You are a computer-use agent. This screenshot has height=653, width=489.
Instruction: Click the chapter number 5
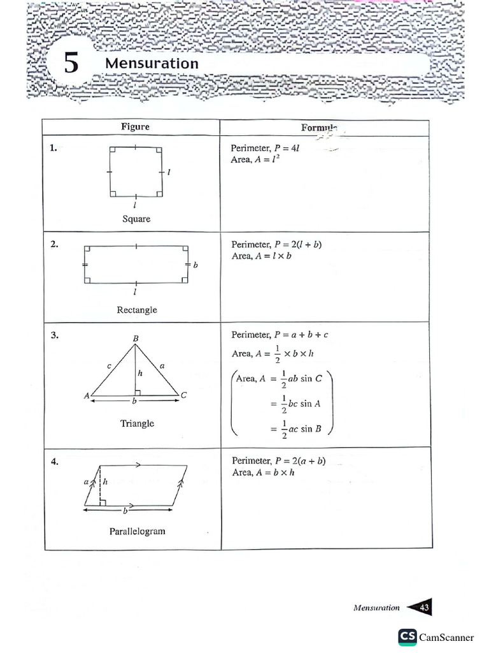pos(71,64)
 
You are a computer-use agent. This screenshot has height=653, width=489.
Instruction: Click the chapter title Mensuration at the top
pos(152,63)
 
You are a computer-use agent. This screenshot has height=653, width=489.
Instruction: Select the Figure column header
pos(135,126)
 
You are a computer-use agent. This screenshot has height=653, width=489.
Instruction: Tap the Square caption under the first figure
pos(136,219)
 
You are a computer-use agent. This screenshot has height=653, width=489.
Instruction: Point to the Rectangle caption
pos(136,310)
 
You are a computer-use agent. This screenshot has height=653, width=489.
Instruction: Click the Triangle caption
pos(137,423)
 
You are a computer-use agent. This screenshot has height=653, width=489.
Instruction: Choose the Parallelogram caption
pos(137,531)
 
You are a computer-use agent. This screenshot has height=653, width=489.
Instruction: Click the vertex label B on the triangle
pos(136,337)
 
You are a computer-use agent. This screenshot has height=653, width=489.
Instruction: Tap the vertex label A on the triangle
pos(87,396)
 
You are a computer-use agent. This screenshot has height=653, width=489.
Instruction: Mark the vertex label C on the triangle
pos(183,395)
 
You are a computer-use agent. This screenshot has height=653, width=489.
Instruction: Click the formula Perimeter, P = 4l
pos(265,148)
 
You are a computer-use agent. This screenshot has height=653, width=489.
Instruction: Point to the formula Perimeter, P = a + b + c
pos(280,334)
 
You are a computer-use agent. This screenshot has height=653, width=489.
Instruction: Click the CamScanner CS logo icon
pos(407,636)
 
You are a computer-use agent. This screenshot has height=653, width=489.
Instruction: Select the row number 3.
pos(54,335)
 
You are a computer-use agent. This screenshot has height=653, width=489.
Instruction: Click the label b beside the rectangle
pos(195,264)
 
